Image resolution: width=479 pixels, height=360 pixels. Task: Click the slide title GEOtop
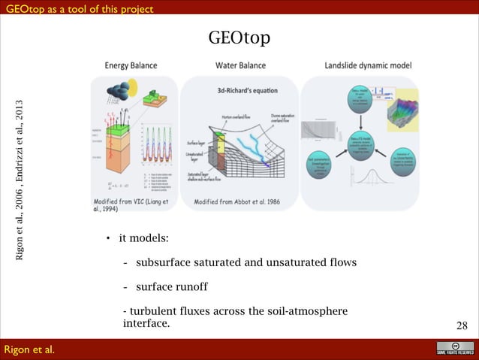(x=239, y=37)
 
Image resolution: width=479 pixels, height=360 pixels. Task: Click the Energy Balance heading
(x=131, y=65)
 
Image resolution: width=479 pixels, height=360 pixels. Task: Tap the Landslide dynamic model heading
(x=368, y=65)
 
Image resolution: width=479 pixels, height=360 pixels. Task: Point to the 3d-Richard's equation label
(x=240, y=91)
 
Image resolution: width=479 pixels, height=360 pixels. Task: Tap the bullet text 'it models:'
(x=143, y=239)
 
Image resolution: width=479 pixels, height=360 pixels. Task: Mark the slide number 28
(x=462, y=325)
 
